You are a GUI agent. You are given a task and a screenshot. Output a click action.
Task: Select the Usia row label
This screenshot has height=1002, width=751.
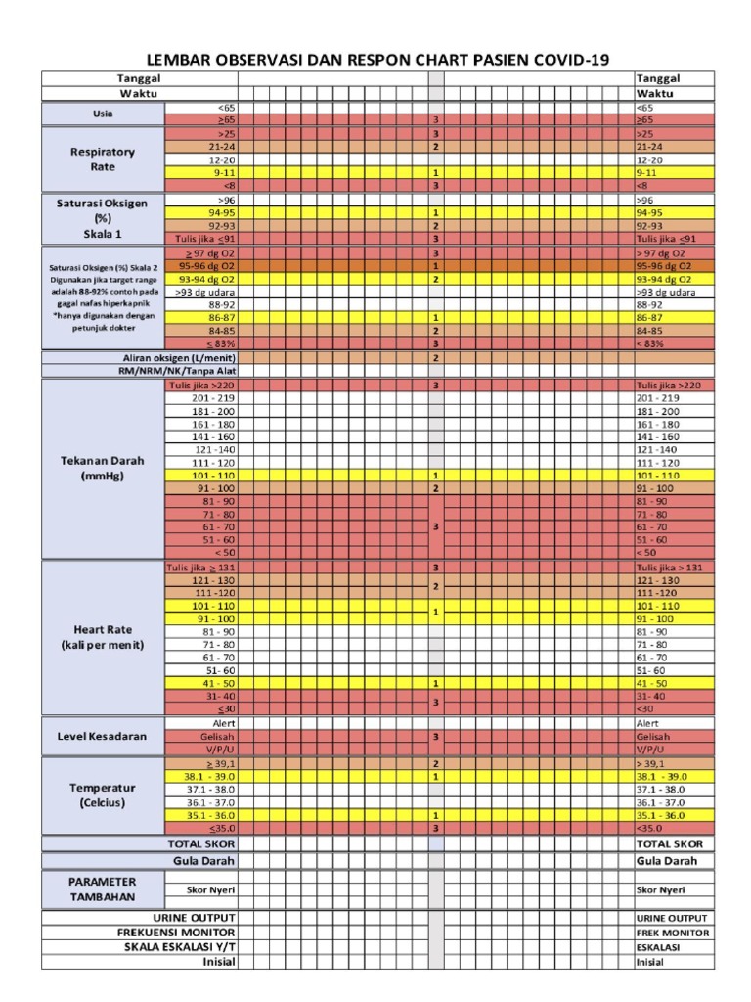(x=103, y=114)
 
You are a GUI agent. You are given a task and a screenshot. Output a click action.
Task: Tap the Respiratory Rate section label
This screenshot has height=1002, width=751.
(x=103, y=159)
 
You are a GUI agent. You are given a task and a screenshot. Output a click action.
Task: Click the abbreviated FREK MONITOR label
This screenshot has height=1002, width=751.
(x=673, y=933)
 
